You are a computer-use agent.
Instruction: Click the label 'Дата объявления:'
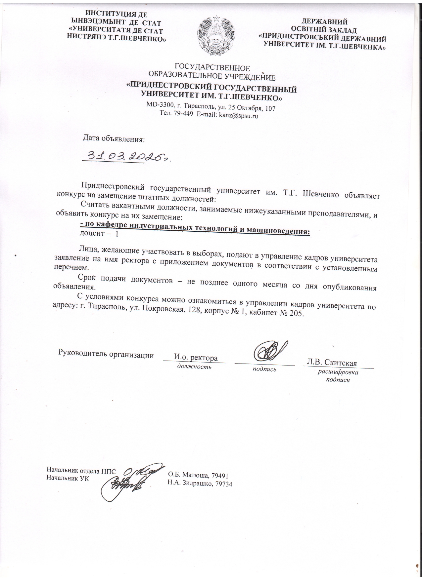(114, 138)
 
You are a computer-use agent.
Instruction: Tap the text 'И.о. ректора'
(196, 358)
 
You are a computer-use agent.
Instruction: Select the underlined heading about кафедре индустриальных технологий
(195, 227)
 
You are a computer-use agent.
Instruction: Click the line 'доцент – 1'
(99, 234)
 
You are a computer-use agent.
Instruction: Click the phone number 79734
(224, 483)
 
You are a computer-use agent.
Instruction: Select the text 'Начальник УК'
(68, 478)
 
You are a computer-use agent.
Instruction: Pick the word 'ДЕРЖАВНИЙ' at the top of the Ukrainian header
(324, 22)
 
